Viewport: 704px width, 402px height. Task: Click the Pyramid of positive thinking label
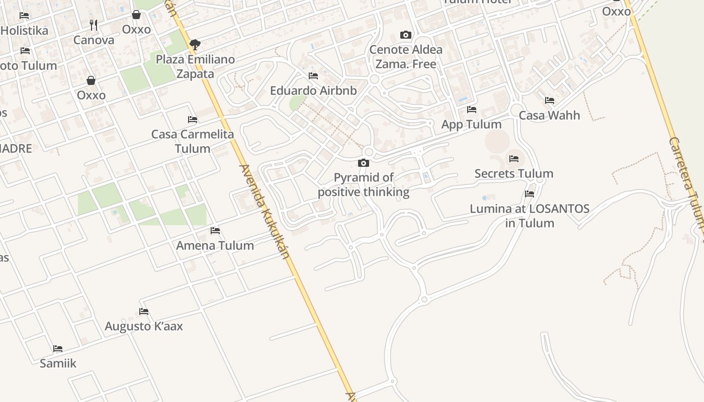pos(364,185)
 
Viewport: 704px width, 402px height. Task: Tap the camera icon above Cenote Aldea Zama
pos(406,35)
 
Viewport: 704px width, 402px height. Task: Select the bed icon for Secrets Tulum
pos(514,159)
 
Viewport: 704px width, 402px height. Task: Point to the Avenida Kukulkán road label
pos(265,212)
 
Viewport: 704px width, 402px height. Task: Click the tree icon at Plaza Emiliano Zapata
pos(195,45)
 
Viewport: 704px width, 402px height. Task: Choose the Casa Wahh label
pos(549,115)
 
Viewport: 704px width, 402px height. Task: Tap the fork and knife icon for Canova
pos(93,25)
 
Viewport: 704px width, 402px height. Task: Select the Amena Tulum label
pos(215,245)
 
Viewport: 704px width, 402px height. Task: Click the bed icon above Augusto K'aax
pos(144,312)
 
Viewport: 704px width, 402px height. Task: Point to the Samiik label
pos(58,363)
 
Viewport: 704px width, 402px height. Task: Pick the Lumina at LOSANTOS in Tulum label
pos(530,216)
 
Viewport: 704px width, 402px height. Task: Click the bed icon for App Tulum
pos(471,109)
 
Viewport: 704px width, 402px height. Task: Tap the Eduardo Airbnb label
pos(313,90)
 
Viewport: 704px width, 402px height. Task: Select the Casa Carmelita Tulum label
pos(193,141)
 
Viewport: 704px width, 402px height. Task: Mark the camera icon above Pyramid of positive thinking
pos(363,163)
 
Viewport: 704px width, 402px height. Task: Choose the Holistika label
pos(25,30)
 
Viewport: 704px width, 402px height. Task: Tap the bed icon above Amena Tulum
pos(215,231)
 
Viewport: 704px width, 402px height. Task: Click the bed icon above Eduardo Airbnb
pos(313,76)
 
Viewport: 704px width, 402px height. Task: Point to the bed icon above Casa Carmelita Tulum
pos(193,120)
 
